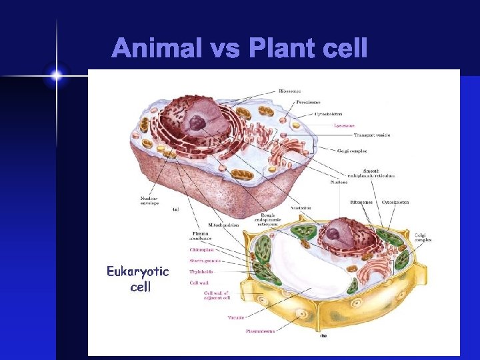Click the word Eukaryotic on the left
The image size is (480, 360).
pyautogui.click(x=139, y=272)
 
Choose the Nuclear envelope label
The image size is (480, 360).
pyautogui.click(x=149, y=200)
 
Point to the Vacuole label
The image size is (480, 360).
pyautogui.click(x=235, y=317)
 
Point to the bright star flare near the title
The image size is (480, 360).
pyautogui.click(x=57, y=76)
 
